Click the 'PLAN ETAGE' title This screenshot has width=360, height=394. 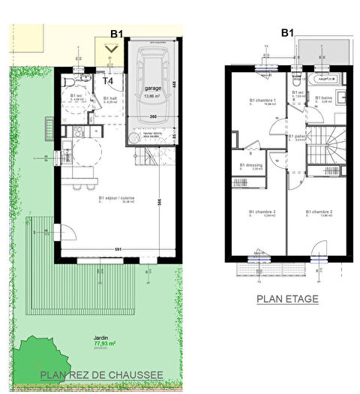click(x=287, y=299)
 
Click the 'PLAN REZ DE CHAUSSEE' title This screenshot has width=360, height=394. click(x=101, y=376)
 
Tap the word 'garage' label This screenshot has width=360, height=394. click(x=152, y=88)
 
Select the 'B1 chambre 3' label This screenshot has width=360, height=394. click(x=262, y=212)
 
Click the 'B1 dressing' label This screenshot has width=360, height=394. click(x=251, y=165)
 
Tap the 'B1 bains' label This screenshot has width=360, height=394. click(x=324, y=98)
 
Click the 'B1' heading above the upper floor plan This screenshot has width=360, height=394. click(x=286, y=33)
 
